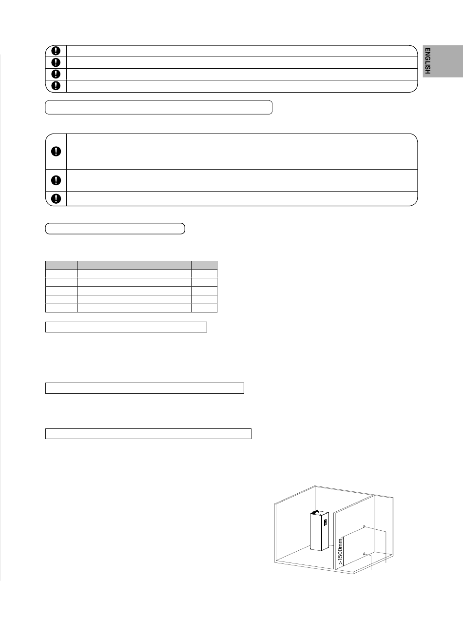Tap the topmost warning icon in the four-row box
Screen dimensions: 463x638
coord(56,51)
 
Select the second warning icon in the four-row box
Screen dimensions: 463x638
coord(56,62)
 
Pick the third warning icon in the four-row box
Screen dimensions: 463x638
coord(56,74)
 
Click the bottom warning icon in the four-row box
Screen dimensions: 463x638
coord(56,86)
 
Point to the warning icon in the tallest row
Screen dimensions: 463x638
coord(56,151)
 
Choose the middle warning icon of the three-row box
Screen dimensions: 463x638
coord(56,180)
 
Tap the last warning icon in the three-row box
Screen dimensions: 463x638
coord(56,198)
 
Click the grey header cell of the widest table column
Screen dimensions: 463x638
coord(134,265)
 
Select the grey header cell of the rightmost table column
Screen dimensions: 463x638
coord(204,265)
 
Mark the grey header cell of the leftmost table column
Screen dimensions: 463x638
coord(61,265)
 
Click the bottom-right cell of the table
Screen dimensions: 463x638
coord(204,308)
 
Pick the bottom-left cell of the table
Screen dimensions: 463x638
coord(61,308)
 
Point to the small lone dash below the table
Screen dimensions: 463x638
coord(74,358)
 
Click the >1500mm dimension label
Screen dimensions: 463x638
coord(340,551)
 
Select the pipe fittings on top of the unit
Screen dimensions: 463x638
coord(314,512)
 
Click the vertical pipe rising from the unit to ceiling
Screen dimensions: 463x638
coord(315,499)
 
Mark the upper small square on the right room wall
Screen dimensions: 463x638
coord(364,526)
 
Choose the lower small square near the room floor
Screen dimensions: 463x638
coord(364,553)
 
